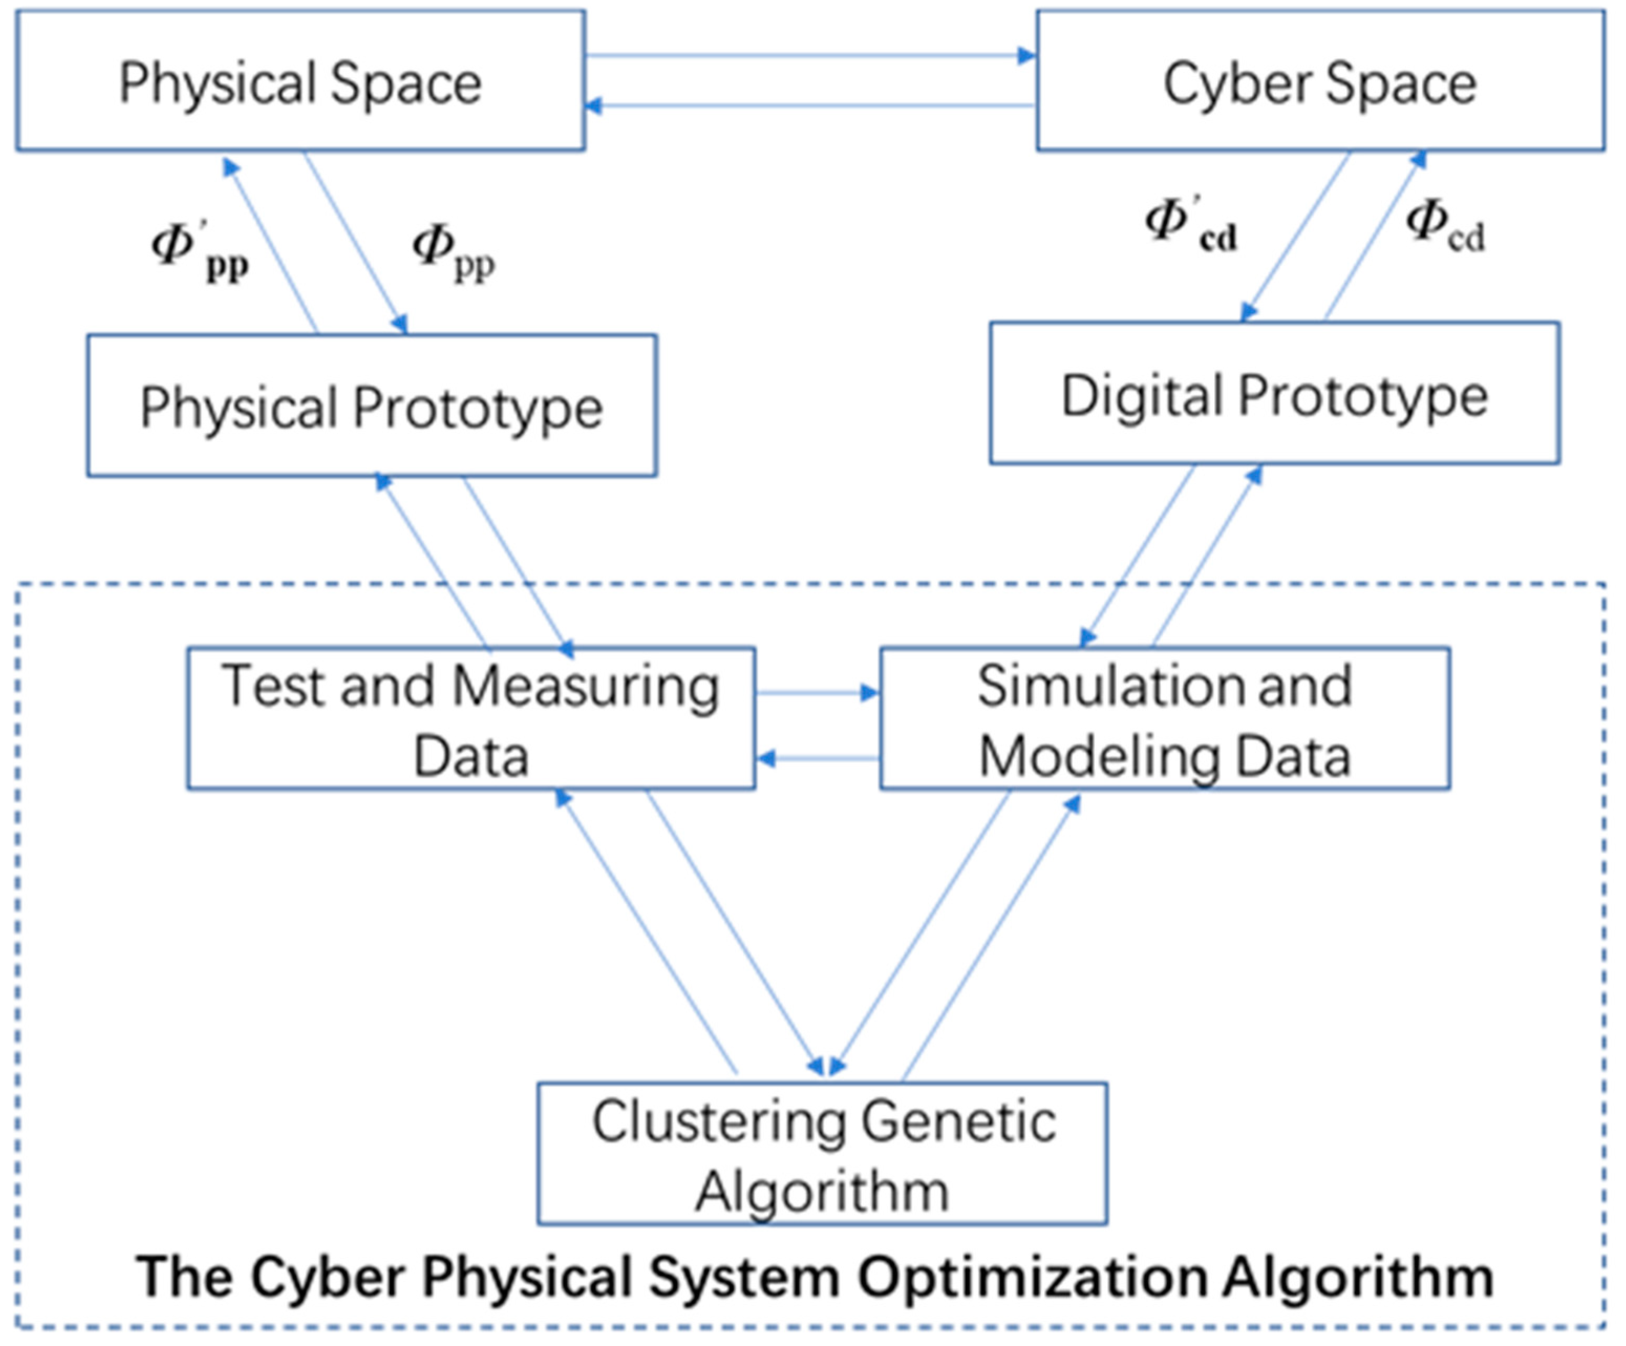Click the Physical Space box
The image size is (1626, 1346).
click(301, 81)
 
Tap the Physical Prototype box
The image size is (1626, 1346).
click(372, 406)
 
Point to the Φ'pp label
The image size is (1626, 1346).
click(200, 252)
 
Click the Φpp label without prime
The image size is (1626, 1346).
click(453, 252)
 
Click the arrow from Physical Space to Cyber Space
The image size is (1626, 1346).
click(810, 55)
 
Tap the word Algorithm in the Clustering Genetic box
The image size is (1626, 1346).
click(822, 1191)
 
